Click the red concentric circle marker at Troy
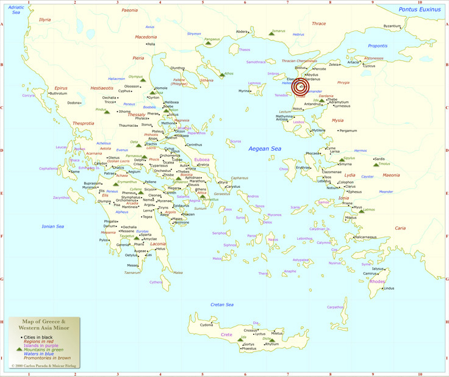[300, 87]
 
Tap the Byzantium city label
[392, 26]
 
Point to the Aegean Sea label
[264, 149]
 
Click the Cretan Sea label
[222, 304]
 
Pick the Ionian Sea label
[52, 226]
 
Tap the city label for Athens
[201, 189]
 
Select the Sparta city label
[146, 234]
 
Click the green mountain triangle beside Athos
[221, 74]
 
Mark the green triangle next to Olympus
[143, 79]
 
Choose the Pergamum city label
[348, 131]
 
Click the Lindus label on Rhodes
[389, 288]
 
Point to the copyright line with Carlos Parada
[40, 366]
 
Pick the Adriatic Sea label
[16, 9]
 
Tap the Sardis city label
[379, 159]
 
